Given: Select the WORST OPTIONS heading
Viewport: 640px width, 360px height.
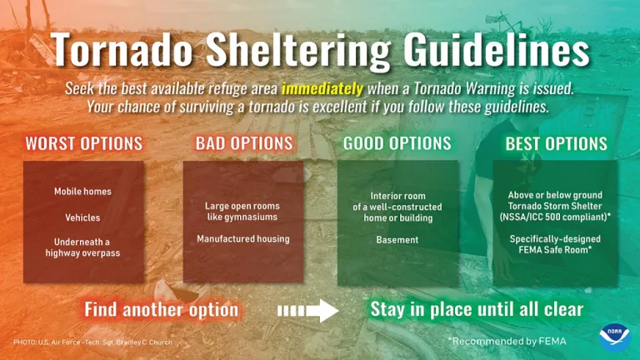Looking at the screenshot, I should (83, 143).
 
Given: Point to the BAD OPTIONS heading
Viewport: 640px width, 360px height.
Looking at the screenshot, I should (244, 143).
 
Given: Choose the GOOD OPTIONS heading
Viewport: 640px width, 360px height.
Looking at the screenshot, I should (397, 143).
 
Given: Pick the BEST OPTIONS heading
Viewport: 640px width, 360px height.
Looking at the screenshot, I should (557, 143).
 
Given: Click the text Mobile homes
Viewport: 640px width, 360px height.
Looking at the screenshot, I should (82, 192).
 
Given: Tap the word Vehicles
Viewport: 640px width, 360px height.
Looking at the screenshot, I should (82, 217).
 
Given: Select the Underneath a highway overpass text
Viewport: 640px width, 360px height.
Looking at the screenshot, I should (82, 247).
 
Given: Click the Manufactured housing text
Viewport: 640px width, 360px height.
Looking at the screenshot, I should (243, 239).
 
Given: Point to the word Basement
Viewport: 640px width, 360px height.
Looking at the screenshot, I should (397, 240).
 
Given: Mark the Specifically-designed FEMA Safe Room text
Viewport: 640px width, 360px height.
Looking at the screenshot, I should (556, 244).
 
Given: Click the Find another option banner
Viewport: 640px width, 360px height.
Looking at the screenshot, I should (161, 310).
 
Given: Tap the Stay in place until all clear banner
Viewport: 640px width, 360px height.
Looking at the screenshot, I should (476, 310).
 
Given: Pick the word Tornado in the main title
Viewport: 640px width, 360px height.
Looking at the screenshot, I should (122, 50).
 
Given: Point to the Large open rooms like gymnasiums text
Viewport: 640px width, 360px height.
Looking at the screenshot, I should (243, 211).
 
